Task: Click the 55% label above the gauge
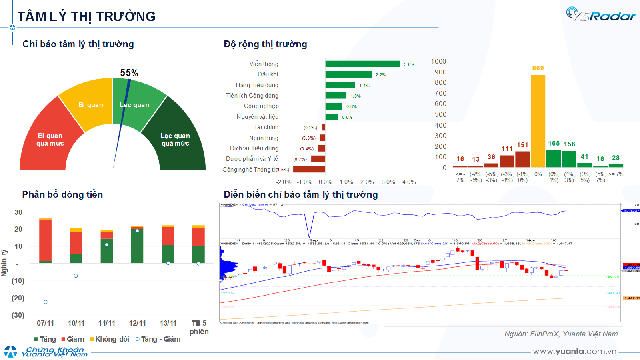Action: tap(129, 73)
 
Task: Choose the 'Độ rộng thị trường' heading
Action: tap(265, 44)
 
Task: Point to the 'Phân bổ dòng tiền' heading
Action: tap(61, 195)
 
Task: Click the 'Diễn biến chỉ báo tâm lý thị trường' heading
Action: tap(300, 195)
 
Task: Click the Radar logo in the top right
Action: tap(597, 14)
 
